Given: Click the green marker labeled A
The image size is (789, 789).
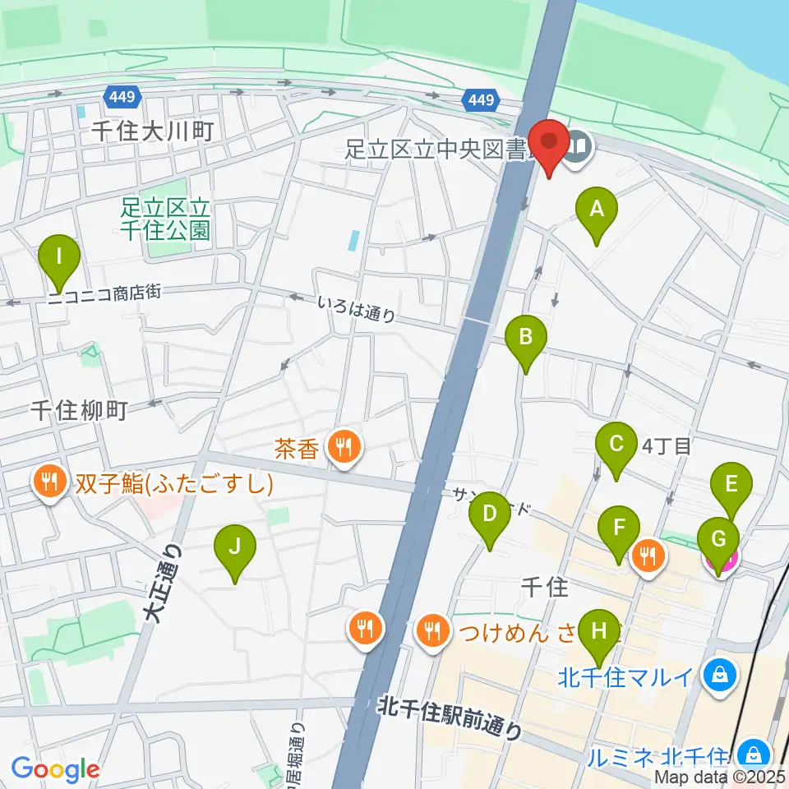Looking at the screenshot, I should pyautogui.click(x=597, y=209).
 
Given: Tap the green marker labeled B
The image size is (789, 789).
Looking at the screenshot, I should pyautogui.click(x=526, y=337).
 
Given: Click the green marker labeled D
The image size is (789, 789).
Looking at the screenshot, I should pyautogui.click(x=489, y=515).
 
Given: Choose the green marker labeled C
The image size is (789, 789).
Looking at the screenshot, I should pyautogui.click(x=616, y=445).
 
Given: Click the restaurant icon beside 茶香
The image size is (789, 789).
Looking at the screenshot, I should pyautogui.click(x=342, y=448).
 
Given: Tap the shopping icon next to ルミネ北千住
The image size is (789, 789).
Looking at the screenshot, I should pyautogui.click(x=752, y=752).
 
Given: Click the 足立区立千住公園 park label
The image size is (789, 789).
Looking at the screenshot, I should pyautogui.click(x=164, y=218).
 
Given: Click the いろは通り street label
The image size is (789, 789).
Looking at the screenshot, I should pyautogui.click(x=357, y=309).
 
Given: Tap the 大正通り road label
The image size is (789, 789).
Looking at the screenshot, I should pyautogui.click(x=161, y=584).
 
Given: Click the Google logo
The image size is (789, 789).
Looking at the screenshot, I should pyautogui.click(x=55, y=769).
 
